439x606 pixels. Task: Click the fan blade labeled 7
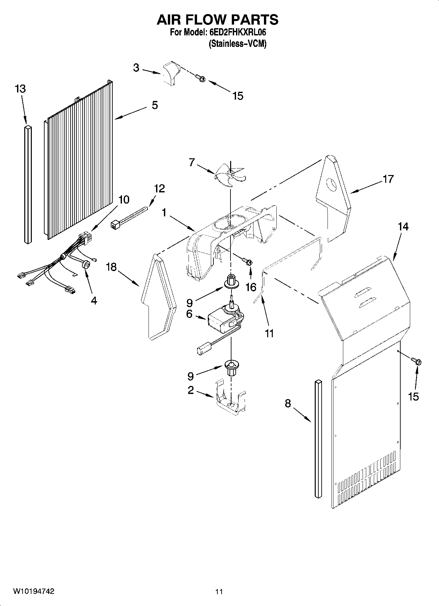pyautogui.click(x=230, y=175)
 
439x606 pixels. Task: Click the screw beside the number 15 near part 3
pyautogui.click(x=200, y=78)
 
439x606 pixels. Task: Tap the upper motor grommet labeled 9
pyautogui.click(x=231, y=282)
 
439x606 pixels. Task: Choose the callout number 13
pyautogui.click(x=20, y=89)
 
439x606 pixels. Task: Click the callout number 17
pyautogui.click(x=388, y=179)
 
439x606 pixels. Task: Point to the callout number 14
pyautogui.click(x=403, y=226)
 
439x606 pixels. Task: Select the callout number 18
pyautogui.click(x=111, y=267)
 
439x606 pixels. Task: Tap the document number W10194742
pyautogui.click(x=33, y=591)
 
